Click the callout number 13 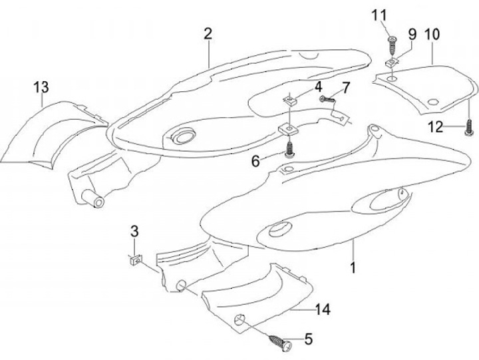pyautogui.click(x=41, y=87)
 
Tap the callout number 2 pyautogui.click(x=208, y=34)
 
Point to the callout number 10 pyautogui.click(x=432, y=33)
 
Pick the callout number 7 pyautogui.click(x=345, y=88)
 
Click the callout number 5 pyautogui.click(x=307, y=339)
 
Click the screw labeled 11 pyautogui.click(x=393, y=42)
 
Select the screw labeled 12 pyautogui.click(x=470, y=125)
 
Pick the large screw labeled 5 pyautogui.click(x=278, y=343)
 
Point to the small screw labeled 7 pyautogui.click(x=326, y=98)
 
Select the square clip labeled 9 pyautogui.click(x=392, y=63)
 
